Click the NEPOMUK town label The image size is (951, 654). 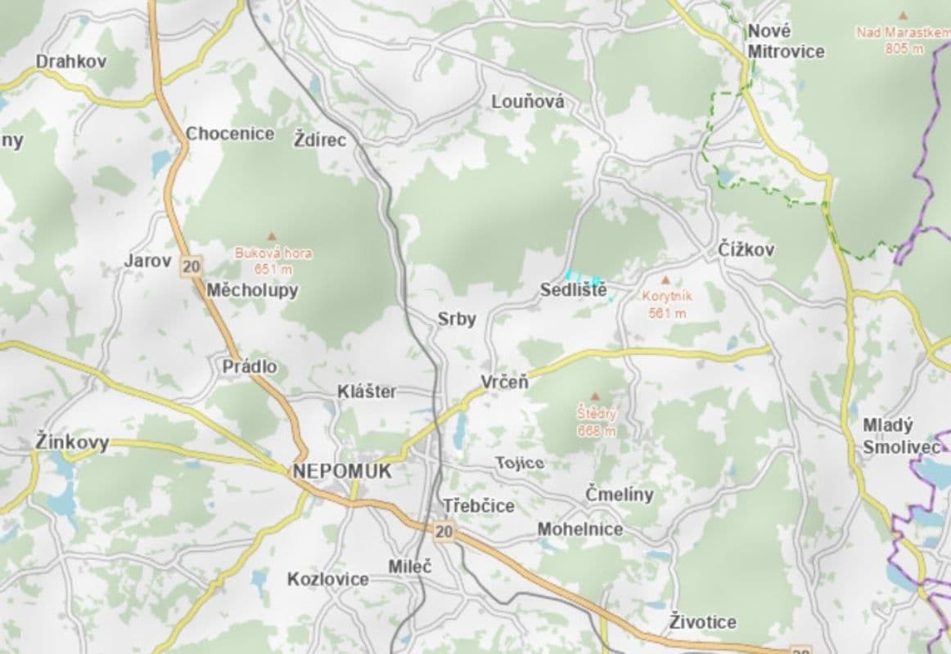[x=341, y=472]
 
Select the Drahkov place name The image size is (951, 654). [x=70, y=61]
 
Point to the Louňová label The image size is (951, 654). [x=528, y=102]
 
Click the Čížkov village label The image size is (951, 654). [x=745, y=249]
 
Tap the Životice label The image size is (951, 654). [x=702, y=622]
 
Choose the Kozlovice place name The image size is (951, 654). [x=327, y=579]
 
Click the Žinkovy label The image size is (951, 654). [x=72, y=442]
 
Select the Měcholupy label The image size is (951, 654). [x=252, y=290]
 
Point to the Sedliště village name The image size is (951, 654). [x=573, y=290]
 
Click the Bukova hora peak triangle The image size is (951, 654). [x=273, y=235]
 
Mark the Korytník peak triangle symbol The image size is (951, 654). [x=664, y=280]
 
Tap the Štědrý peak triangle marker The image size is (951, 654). [x=595, y=396]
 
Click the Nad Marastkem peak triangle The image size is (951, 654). [x=903, y=16]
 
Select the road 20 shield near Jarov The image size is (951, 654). [x=192, y=266]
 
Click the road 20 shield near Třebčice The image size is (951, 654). [x=443, y=532]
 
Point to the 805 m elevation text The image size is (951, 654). [x=904, y=48]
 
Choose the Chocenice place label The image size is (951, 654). [x=230, y=133]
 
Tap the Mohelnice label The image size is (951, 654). [x=579, y=530]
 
